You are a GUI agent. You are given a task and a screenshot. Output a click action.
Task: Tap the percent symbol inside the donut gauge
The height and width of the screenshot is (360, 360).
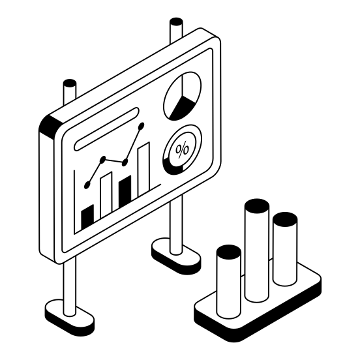click(x=183, y=149)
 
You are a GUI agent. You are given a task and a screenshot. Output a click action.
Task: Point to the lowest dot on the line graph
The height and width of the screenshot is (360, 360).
click(x=87, y=185)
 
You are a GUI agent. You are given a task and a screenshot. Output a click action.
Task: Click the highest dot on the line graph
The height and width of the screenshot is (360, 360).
click(x=142, y=125)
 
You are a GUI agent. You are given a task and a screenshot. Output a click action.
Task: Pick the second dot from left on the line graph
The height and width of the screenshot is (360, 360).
click(x=103, y=158)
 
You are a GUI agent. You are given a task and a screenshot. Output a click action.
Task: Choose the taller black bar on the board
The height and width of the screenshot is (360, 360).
click(x=126, y=190)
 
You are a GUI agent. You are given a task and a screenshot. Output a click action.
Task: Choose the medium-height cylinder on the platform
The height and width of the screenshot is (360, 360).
click(x=284, y=251)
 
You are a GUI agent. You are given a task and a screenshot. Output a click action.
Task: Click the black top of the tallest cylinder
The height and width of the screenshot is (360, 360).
click(x=256, y=206)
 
